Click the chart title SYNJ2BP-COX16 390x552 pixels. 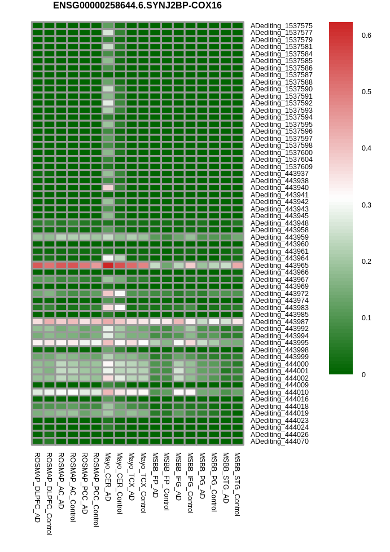[137, 6]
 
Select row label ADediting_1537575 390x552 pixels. [282, 26]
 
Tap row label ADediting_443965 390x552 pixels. [279, 266]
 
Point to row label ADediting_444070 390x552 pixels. [279, 441]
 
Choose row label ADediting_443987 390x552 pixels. [279, 322]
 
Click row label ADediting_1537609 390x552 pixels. [282, 166]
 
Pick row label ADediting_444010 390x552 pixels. [279, 392]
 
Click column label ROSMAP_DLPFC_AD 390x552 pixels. [37, 488]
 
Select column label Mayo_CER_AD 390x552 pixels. [108, 477]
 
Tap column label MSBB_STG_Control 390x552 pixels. [237, 484]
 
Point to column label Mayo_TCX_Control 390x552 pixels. [143, 483]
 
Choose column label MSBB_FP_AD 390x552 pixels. [155, 475]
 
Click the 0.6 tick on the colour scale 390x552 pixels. [366, 35]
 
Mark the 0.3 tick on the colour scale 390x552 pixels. [366, 205]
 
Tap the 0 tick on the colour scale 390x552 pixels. [363, 374]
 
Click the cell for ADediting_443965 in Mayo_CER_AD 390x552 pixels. [108, 265]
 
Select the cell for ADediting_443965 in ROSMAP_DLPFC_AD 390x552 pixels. [37, 265]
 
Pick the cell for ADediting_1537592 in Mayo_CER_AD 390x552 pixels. [108, 103]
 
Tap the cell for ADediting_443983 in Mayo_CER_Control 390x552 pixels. [120, 307]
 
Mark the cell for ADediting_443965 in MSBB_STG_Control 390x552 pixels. [238, 265]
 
